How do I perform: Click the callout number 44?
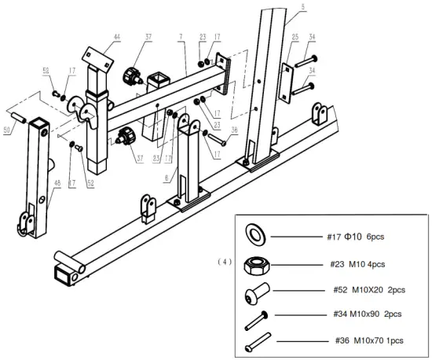pos(117,37)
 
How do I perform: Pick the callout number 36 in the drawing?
pos(236,131)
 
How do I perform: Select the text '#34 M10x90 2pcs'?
pos(364,314)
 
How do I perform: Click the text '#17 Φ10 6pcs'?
pos(356,236)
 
